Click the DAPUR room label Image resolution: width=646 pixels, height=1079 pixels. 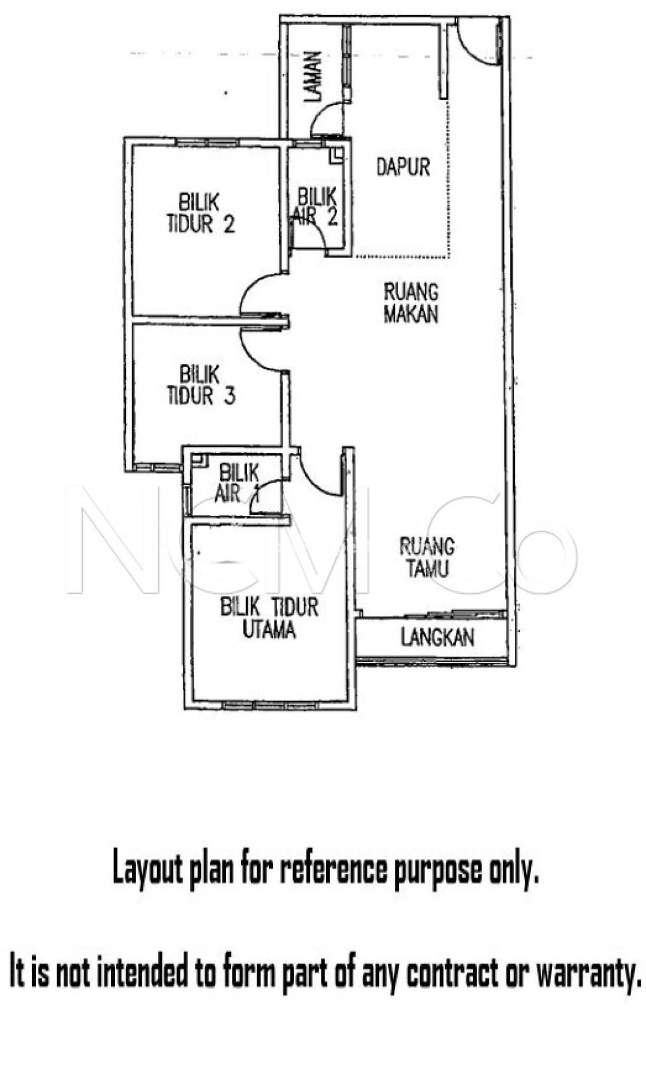(x=403, y=167)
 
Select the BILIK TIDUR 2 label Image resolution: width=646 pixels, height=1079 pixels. (x=200, y=213)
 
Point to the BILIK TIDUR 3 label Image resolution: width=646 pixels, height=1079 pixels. (x=201, y=385)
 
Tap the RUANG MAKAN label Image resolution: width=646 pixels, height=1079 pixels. (x=411, y=303)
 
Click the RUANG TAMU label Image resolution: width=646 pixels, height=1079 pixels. (x=427, y=557)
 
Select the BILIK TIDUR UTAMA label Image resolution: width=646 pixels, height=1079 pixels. (x=269, y=619)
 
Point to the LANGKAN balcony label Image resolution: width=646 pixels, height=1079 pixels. (x=437, y=637)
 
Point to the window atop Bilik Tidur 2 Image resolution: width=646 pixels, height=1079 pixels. (x=207, y=142)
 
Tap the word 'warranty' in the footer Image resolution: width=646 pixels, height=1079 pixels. (x=585, y=973)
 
